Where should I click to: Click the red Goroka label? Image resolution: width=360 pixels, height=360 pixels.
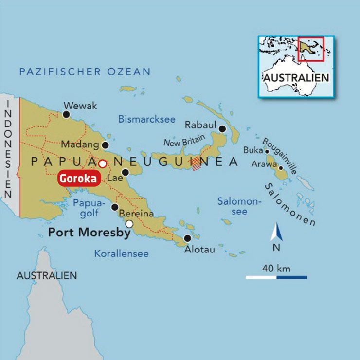79,179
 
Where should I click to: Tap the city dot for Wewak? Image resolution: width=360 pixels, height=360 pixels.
66,115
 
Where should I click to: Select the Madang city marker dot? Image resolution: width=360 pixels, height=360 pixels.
105,145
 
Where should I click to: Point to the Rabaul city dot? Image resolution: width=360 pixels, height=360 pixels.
222,129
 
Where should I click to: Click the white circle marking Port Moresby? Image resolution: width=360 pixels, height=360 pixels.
129,224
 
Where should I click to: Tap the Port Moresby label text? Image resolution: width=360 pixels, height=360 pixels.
89,233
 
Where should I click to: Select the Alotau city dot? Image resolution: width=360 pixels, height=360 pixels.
187,238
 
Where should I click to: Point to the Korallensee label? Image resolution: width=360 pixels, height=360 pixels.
121,253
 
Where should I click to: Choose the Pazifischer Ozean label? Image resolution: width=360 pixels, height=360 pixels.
85,72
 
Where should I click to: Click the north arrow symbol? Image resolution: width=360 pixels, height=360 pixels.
276,232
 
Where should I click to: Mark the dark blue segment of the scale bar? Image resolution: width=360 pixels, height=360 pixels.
292,277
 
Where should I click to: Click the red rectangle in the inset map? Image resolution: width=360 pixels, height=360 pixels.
311,49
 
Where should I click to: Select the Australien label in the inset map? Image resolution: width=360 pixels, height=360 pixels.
296,78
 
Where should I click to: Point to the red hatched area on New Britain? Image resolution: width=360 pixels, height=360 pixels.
196,163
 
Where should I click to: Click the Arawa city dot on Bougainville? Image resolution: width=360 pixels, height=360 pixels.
281,168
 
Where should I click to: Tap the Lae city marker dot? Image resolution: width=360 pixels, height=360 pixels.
125,172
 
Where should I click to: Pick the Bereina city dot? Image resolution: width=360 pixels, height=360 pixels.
115,207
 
